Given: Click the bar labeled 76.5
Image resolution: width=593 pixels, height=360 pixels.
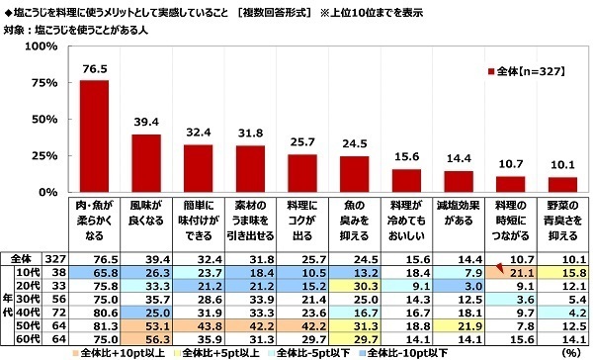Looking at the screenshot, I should (x=94, y=135).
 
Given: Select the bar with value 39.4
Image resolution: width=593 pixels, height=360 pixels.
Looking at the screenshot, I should (x=146, y=162).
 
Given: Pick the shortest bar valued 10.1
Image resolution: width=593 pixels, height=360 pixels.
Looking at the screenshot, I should (x=562, y=184).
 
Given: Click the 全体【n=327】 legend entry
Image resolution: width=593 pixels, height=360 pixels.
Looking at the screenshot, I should (x=523, y=73).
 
